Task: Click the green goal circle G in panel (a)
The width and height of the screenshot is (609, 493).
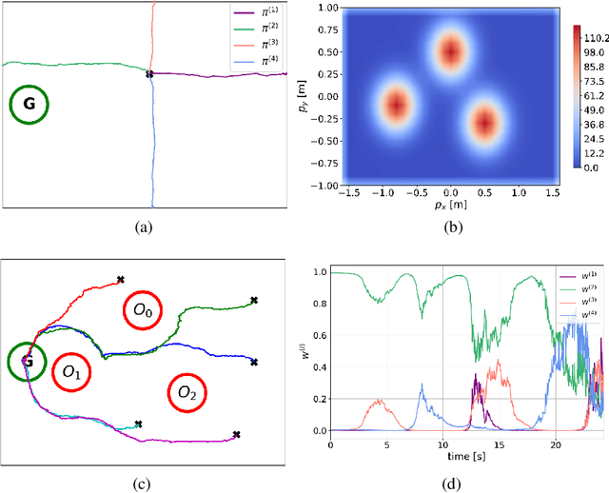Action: pos(29,106)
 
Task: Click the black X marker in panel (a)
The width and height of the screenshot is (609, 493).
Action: pos(149,74)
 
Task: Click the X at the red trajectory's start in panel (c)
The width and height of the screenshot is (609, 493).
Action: pos(120,280)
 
